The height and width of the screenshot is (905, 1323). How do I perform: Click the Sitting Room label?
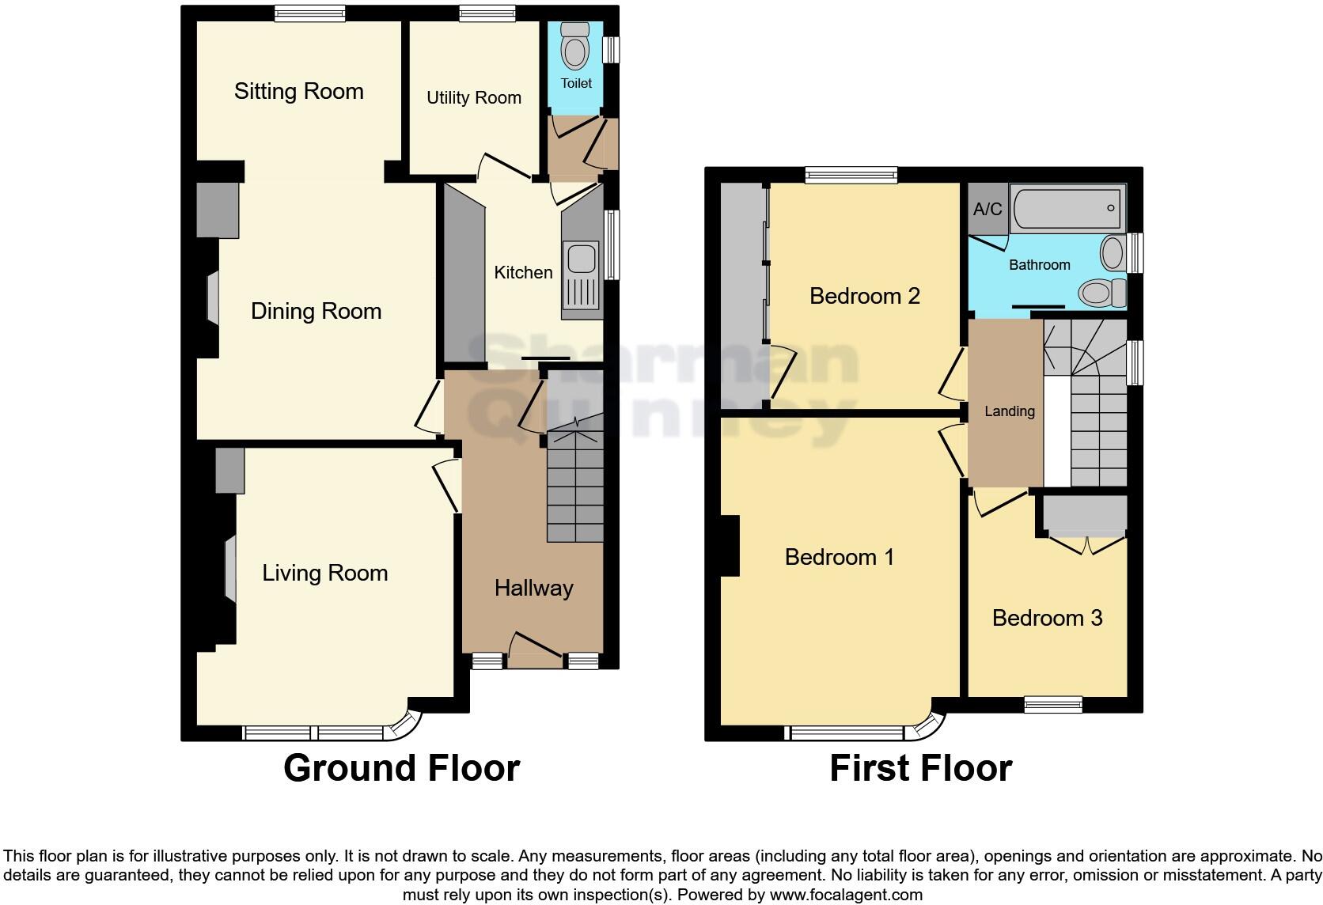point(298,92)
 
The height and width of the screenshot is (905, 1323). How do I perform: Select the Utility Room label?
point(473,98)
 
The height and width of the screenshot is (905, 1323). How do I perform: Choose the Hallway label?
point(533,588)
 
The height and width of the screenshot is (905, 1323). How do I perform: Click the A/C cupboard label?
point(988,209)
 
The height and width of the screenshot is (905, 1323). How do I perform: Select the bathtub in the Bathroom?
point(1066,208)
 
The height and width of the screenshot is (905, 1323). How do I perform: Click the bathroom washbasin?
point(1113,254)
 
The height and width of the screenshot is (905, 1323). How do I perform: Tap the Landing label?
point(1009,411)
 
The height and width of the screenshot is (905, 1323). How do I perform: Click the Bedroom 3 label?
point(1047,618)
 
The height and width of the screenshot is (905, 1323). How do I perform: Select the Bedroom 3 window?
point(1052,704)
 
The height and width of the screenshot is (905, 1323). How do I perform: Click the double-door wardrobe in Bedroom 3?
point(1085,516)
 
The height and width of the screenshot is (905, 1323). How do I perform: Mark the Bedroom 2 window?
point(851,175)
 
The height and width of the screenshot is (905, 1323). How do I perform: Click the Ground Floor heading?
point(401,768)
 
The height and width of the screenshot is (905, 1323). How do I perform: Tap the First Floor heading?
point(920,768)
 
